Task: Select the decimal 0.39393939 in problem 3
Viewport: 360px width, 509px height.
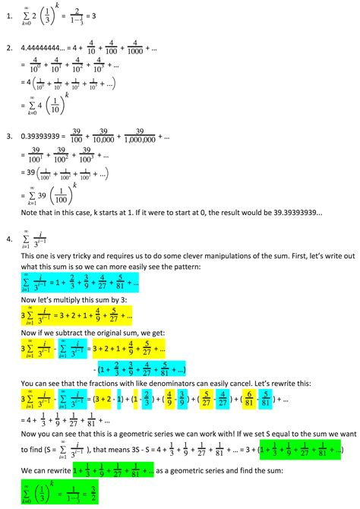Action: coord(52,138)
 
